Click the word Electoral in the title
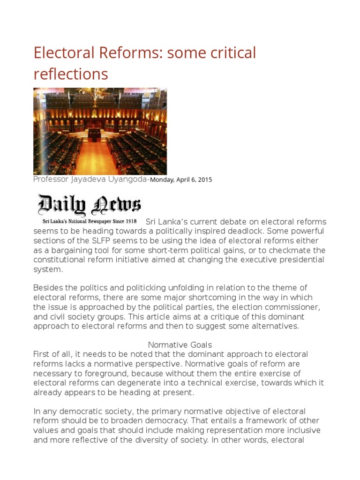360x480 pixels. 64,53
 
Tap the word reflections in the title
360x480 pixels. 70,74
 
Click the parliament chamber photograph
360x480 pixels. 100,132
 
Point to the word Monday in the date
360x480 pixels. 162,180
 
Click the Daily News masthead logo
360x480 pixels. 89,204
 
